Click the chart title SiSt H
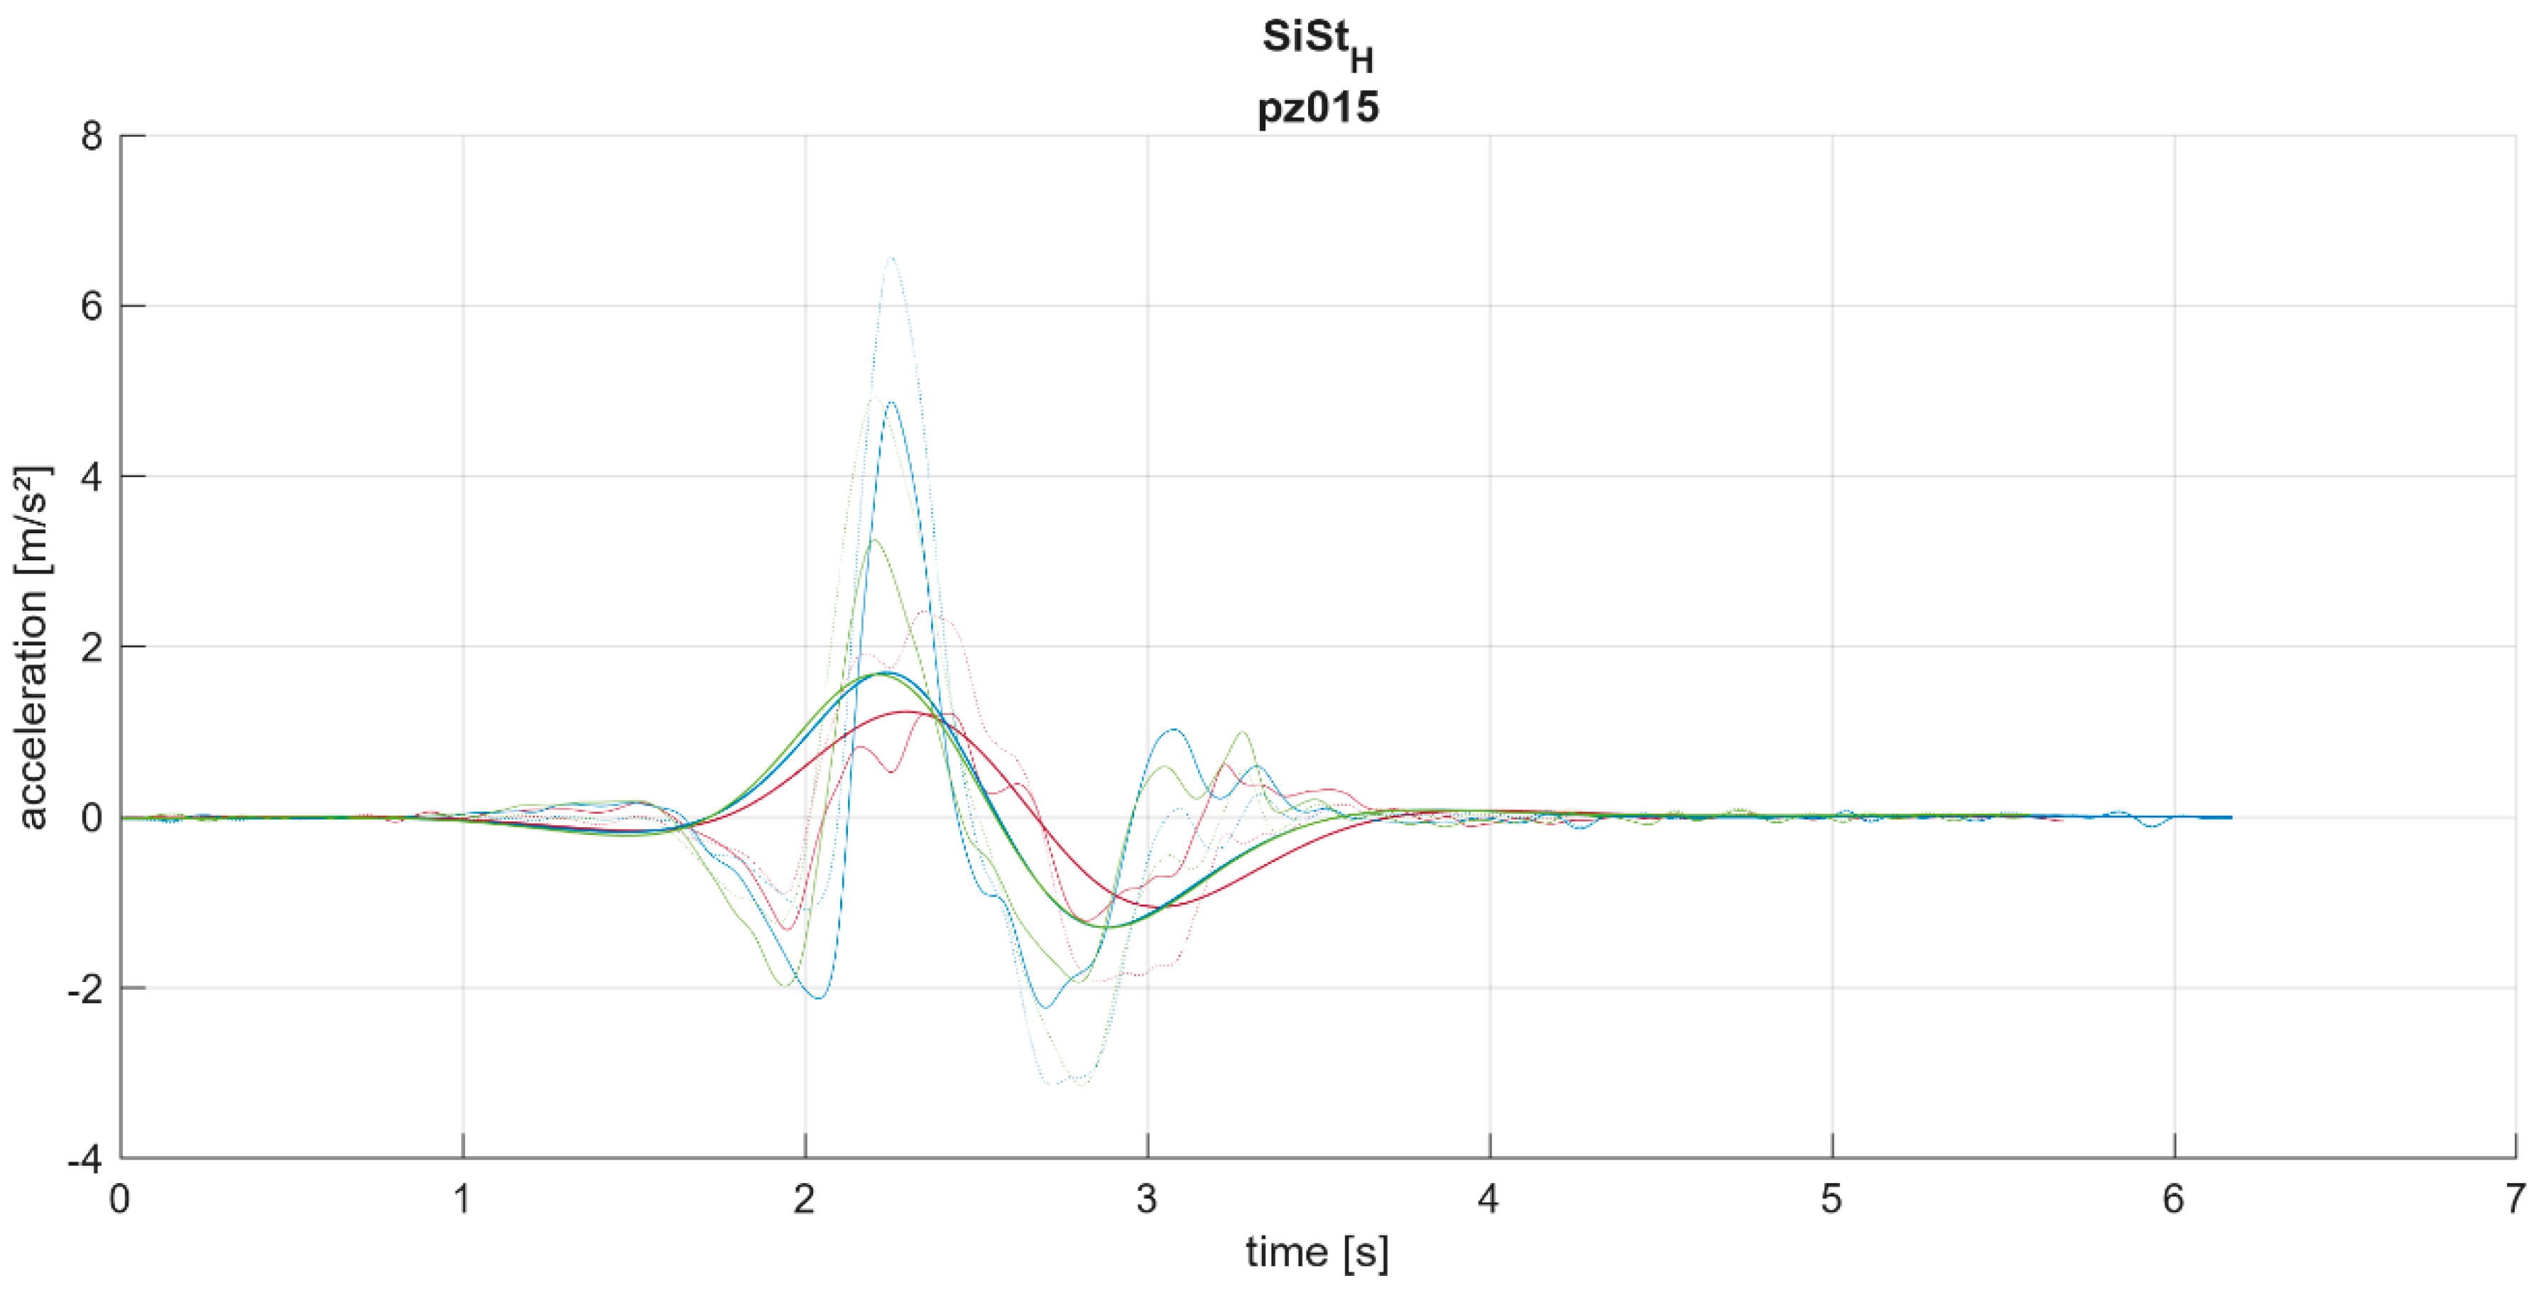tap(1317, 45)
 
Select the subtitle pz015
tap(1318, 107)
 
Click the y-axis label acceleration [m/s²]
tap(33, 647)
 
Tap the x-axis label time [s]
tap(1317, 1253)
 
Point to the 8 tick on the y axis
tap(92, 136)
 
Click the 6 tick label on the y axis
tap(92, 307)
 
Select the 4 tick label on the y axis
tap(92, 477)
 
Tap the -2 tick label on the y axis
tap(85, 989)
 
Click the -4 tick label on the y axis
tap(85, 1160)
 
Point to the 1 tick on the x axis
tap(462, 1199)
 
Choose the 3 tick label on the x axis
tap(1146, 1199)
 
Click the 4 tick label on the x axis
tap(1489, 1199)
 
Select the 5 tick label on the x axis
tap(1831, 1199)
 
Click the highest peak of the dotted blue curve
tap(891, 258)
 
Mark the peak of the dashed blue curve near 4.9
tap(891, 403)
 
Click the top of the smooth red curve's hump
tap(908, 711)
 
